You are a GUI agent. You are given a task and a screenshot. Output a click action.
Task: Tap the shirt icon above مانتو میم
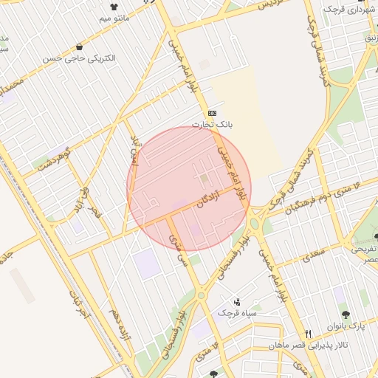pos(114,6)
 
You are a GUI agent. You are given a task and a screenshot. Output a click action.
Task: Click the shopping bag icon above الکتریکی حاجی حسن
pos(79,47)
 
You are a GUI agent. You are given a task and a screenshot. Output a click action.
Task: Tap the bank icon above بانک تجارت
pos(213,112)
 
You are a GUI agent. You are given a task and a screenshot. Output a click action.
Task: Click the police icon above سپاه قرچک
pos(236,301)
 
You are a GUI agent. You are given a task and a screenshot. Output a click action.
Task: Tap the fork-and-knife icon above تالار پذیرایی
pos(309,334)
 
